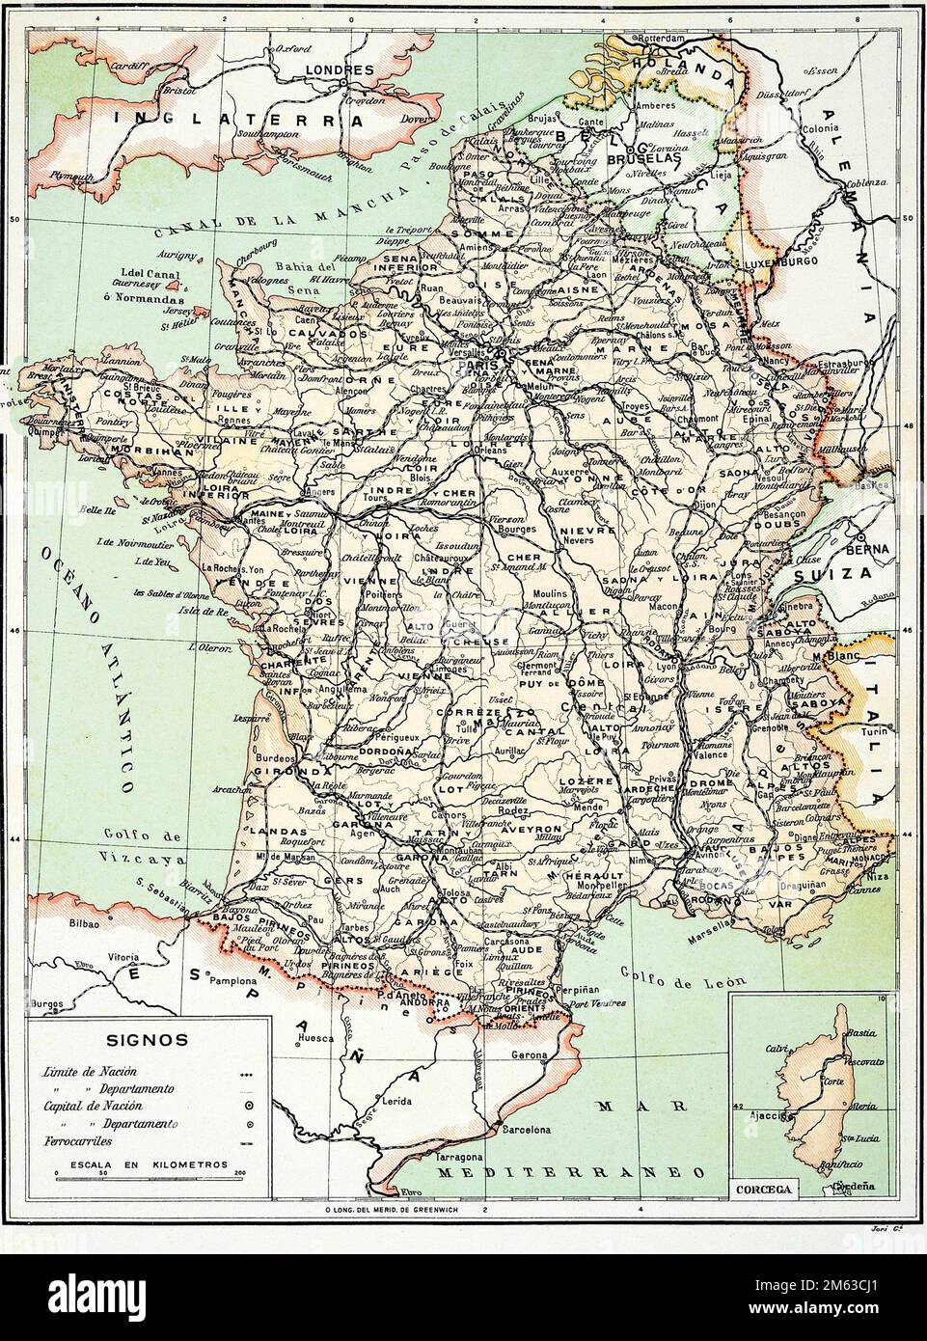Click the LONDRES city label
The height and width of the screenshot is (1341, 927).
[x=339, y=70]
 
